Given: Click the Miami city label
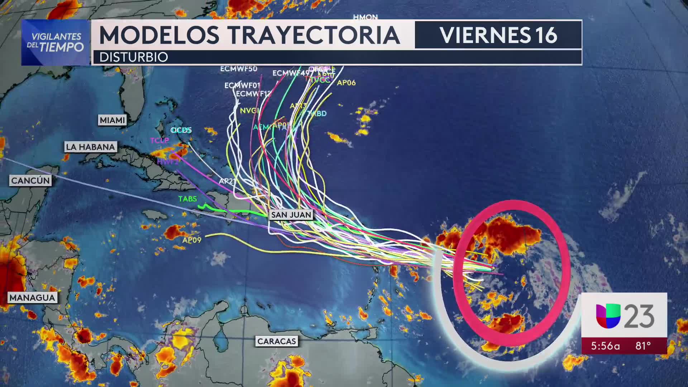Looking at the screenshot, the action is [112, 120].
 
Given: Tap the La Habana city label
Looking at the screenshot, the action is [90, 147].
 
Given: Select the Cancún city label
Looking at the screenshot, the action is [30, 180].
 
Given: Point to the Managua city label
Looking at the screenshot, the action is [32, 297].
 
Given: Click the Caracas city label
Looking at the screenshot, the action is [277, 341].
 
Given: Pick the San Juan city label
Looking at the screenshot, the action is [291, 215].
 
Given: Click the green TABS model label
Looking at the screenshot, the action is [187, 199].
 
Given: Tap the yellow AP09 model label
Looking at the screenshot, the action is [192, 240].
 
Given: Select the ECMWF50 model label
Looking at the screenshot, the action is [239, 69].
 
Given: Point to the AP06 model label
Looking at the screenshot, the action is [346, 83].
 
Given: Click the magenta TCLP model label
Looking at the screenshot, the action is [159, 140].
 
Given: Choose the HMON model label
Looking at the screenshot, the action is [365, 17].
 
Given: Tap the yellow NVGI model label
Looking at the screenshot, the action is [249, 111].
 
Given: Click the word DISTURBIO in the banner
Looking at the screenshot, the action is [133, 57].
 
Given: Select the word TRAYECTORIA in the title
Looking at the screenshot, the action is [314, 35].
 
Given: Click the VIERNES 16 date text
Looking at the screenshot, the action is [498, 35].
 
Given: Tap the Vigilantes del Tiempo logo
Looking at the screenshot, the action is [55, 42].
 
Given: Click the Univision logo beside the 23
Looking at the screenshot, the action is [608, 316].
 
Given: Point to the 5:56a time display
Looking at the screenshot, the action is [605, 346].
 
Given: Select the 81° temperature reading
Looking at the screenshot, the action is [643, 346].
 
